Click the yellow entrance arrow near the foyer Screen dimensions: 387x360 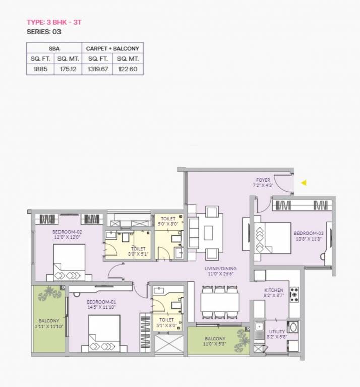[x=304, y=183]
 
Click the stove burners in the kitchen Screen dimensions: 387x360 [x=294, y=294]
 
